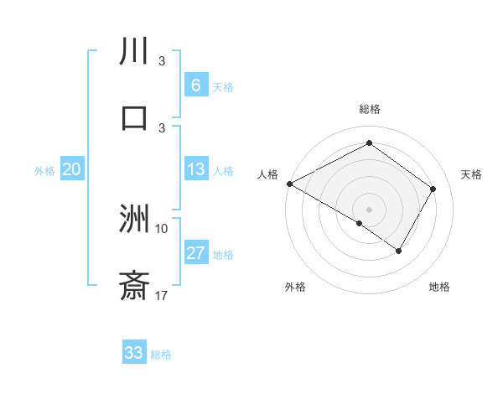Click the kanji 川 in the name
(134, 51)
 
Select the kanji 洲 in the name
(134, 219)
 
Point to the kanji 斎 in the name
(134, 285)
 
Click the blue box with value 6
(195, 86)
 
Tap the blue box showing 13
(195, 170)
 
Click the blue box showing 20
(71, 170)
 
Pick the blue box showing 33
(134, 353)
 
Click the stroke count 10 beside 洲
(162, 228)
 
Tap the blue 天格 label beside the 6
(223, 86)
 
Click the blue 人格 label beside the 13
(223, 171)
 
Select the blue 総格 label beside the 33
(161, 354)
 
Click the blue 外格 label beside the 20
(44, 171)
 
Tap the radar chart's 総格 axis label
(370, 109)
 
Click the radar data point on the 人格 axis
(289, 184)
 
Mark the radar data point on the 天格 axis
(433, 189)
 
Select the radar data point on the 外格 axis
(360, 223)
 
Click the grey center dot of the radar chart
(370, 209)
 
